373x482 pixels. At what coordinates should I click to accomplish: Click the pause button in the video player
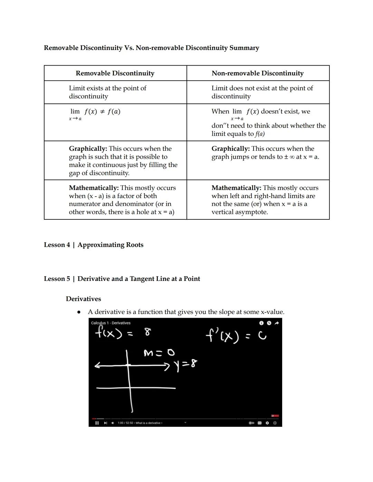click(x=97, y=423)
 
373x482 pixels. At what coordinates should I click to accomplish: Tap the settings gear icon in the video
click(x=267, y=423)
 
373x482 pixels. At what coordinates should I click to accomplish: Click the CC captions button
click(x=259, y=423)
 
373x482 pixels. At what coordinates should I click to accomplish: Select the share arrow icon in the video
click(x=276, y=323)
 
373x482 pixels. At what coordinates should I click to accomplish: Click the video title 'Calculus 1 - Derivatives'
click(x=111, y=323)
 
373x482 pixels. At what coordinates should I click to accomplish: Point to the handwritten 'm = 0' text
click(x=159, y=353)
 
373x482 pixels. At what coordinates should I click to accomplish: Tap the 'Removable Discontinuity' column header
click(x=115, y=73)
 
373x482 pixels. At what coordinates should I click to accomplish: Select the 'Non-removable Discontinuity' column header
click(x=258, y=73)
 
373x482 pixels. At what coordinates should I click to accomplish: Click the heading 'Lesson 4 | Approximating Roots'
click(x=94, y=245)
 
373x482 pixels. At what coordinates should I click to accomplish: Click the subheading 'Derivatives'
click(x=83, y=299)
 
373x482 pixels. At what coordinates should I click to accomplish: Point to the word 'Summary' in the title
click(x=244, y=48)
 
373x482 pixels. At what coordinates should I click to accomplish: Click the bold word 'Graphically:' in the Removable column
click(x=88, y=149)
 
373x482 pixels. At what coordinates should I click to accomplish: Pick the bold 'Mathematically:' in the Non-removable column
click(x=236, y=188)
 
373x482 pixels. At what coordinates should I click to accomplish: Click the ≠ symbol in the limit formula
click(x=102, y=111)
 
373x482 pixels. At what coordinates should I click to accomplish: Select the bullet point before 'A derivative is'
click(x=79, y=312)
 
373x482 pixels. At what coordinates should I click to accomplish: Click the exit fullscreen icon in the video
click(x=275, y=423)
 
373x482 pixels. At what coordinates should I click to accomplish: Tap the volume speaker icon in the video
click(x=113, y=423)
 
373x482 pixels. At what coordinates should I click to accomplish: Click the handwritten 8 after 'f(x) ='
click(x=148, y=332)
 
